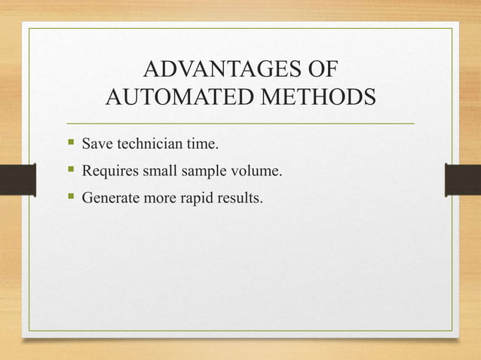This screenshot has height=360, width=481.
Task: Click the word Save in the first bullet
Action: point(96,142)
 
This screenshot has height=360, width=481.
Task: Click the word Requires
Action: point(110,172)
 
